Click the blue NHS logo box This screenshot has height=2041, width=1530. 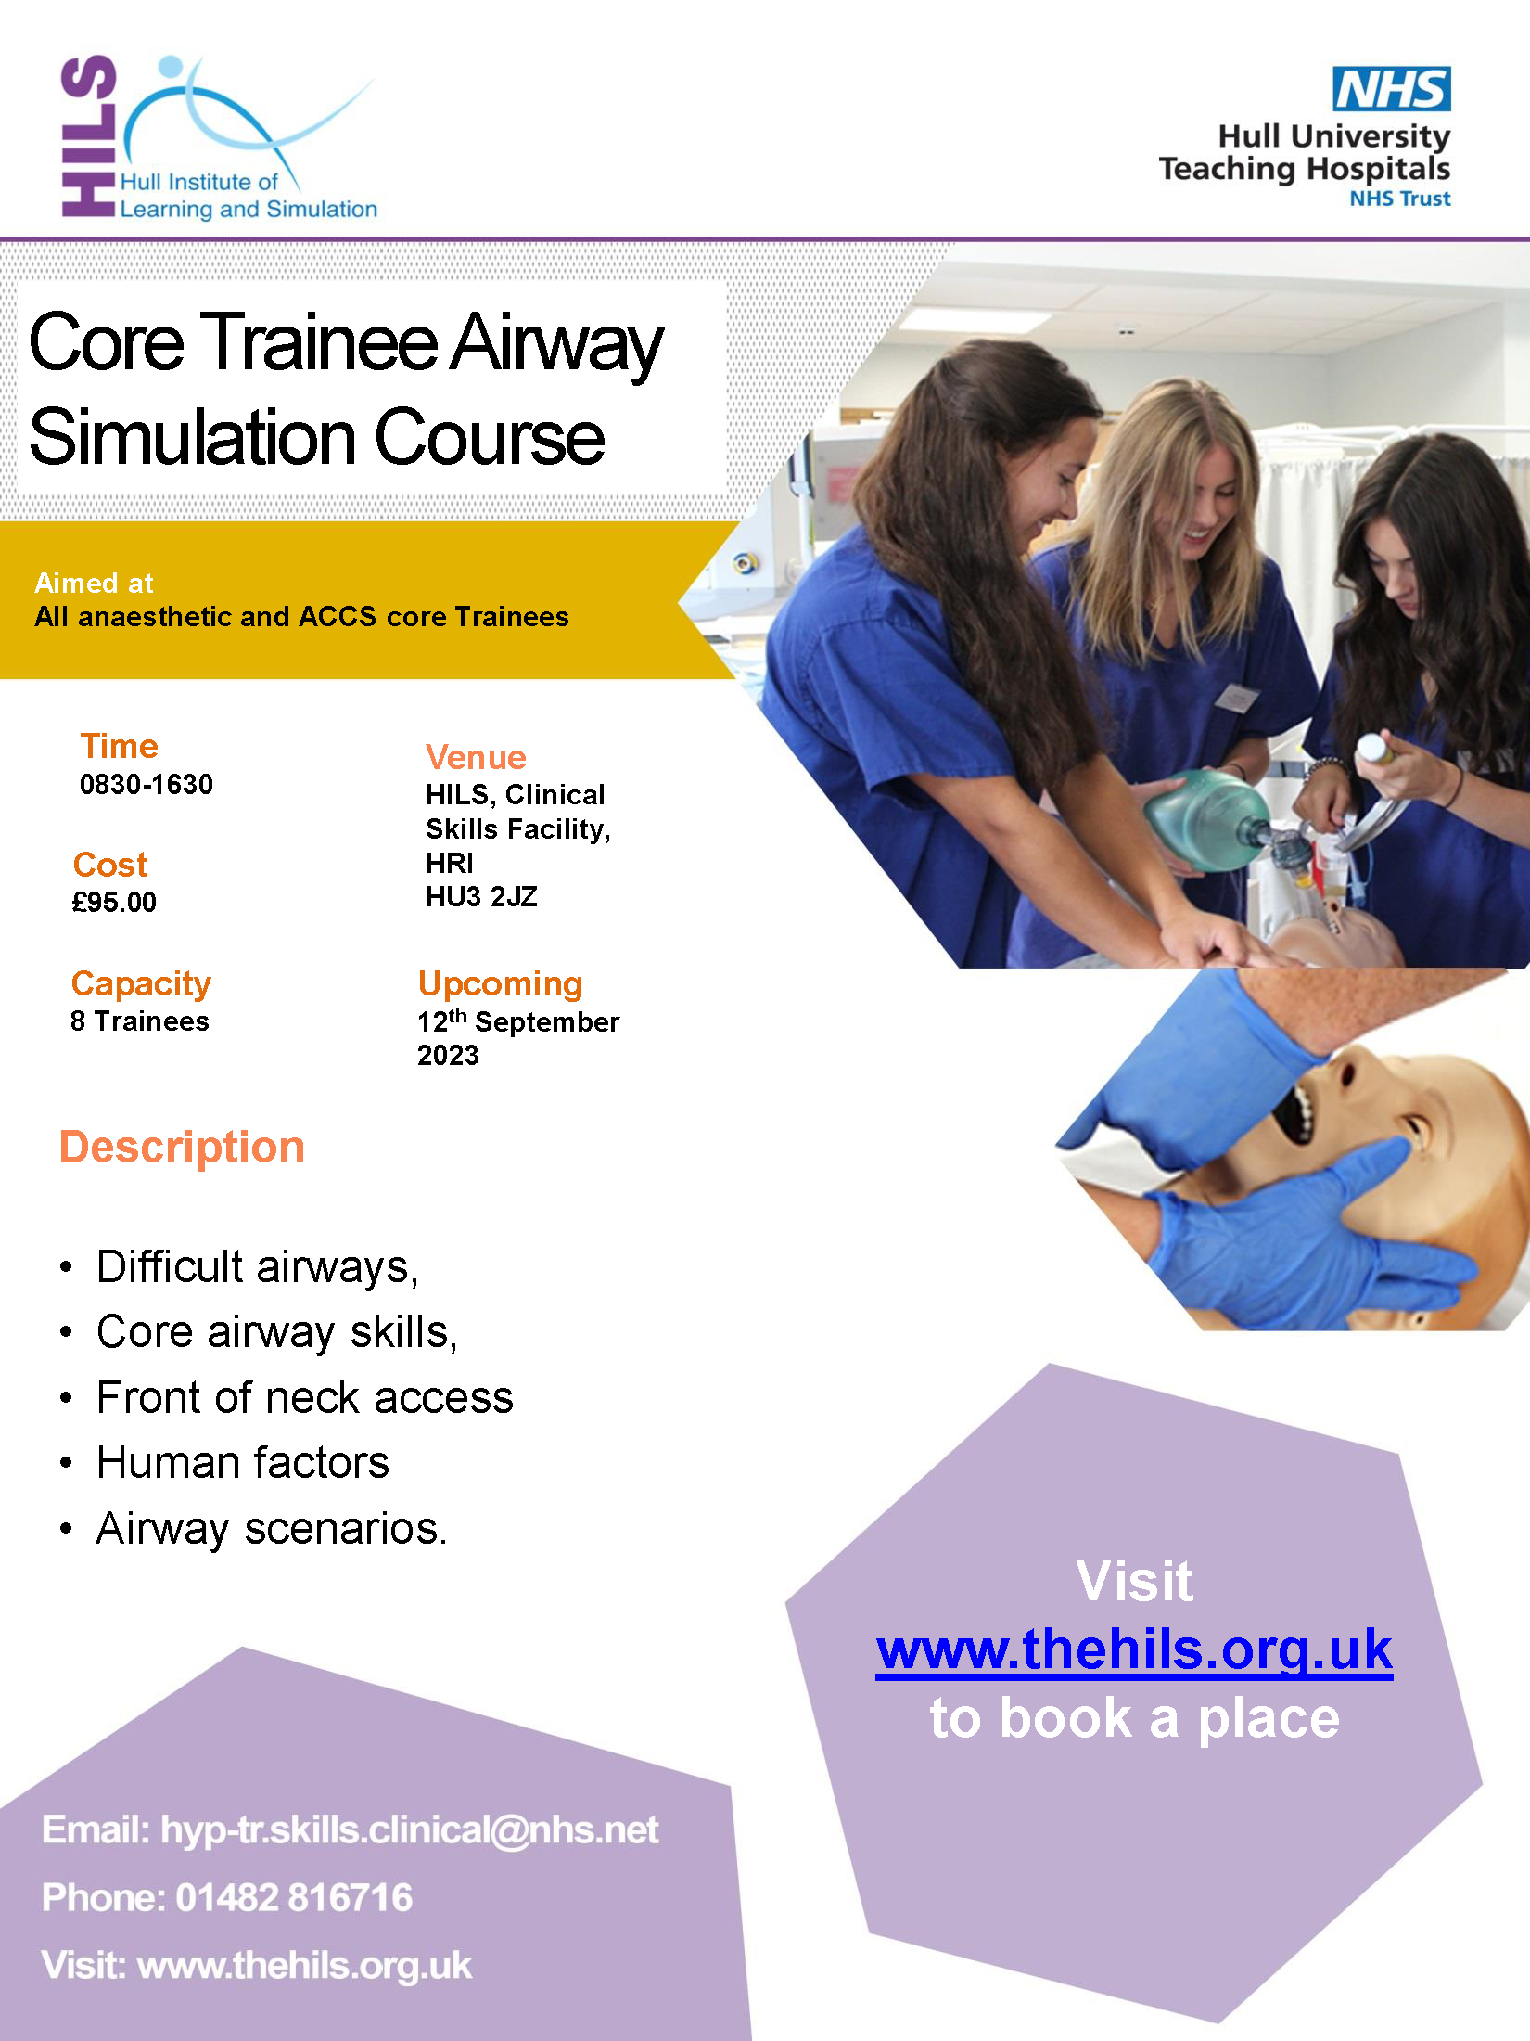click(x=1391, y=89)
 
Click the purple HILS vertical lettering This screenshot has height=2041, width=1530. click(x=89, y=135)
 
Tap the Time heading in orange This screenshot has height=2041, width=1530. click(x=119, y=746)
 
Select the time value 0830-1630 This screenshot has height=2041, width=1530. click(x=147, y=785)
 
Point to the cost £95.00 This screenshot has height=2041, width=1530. click(x=114, y=902)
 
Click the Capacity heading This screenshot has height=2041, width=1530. click(x=141, y=984)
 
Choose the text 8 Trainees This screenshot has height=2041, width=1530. click(x=140, y=1021)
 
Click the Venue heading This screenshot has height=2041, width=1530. click(x=476, y=757)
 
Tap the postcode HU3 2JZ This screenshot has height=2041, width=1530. click(x=481, y=897)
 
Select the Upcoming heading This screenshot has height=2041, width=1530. click(x=500, y=984)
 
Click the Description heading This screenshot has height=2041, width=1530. click(x=182, y=1149)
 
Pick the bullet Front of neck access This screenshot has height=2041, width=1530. click(x=304, y=1398)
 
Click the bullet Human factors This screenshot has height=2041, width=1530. click(x=243, y=1463)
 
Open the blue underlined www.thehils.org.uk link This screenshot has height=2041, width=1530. click(x=1134, y=1650)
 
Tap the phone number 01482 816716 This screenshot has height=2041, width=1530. click(x=294, y=1897)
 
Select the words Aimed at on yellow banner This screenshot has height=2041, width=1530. click(x=94, y=584)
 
